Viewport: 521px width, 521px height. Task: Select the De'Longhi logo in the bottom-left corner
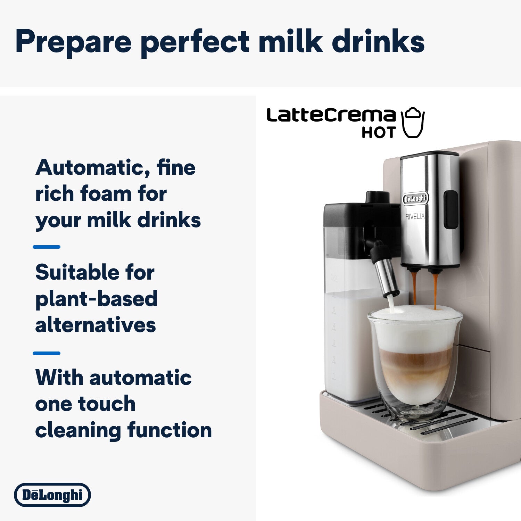52,495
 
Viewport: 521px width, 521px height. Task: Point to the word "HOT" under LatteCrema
379,132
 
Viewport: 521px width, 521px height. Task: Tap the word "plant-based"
97,299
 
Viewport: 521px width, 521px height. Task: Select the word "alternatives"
96,325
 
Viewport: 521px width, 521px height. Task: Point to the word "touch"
107,404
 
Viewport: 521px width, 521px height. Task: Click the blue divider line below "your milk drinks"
47,247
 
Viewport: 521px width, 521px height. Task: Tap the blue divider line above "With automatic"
47,353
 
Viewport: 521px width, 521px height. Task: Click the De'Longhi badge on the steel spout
415,199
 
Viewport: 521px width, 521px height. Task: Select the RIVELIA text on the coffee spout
415,217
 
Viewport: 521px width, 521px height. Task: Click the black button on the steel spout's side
451,210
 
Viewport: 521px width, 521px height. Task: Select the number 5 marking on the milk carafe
334,309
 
